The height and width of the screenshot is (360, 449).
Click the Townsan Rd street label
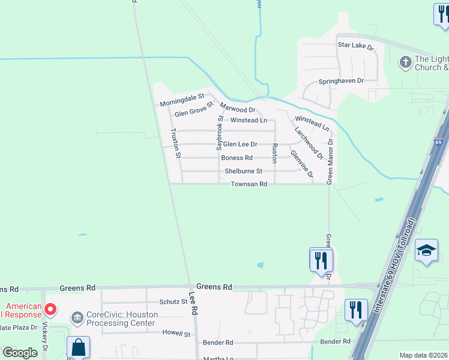[249, 184]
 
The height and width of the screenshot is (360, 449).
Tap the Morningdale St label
[182, 100]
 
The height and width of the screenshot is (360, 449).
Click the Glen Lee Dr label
[240, 144]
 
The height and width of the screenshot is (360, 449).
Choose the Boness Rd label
[237, 158]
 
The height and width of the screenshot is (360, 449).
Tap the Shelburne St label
[244, 171]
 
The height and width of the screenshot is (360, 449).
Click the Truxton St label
[175, 143]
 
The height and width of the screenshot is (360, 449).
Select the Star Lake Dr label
[355, 46]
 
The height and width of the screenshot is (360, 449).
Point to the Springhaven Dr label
[342, 80]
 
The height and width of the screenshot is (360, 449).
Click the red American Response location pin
[50, 310]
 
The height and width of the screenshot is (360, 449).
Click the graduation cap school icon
[426, 251]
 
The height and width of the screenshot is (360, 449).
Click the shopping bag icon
[78, 347]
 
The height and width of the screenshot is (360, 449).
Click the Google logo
[20, 353]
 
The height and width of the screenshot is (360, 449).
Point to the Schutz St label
[173, 302]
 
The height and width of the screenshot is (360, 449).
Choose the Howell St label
[176, 334]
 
